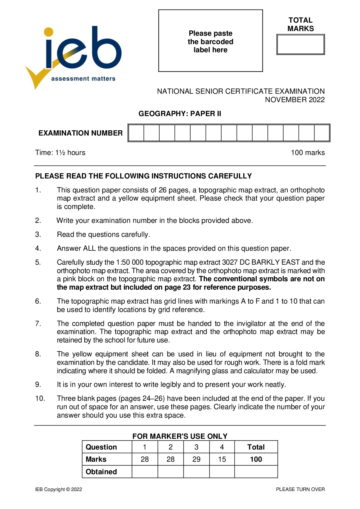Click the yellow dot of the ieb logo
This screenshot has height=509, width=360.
pos(48,32)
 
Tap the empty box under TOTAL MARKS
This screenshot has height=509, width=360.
pos(300,44)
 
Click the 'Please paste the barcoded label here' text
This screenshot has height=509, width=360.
pos(210,41)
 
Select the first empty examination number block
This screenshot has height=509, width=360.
pos(136,133)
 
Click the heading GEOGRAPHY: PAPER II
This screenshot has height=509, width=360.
pos(180,113)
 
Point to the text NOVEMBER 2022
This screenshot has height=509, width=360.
pos(295,100)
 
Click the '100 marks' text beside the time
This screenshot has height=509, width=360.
pos(308,153)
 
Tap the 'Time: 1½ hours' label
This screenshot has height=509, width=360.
pos(60,153)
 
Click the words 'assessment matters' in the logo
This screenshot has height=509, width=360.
pos(83,79)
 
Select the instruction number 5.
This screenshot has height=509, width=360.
pos(38,262)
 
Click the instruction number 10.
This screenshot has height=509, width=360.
pos(40,398)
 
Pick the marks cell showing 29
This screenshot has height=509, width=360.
pos(196,459)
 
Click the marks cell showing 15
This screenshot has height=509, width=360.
pos(222,459)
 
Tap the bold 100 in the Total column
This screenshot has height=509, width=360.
pos(256,459)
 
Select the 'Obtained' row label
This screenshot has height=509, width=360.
pos(101,472)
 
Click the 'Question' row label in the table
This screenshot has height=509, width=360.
pos(101,447)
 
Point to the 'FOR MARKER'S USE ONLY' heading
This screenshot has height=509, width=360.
pos(180,436)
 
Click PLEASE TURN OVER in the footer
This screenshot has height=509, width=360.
pos(300,489)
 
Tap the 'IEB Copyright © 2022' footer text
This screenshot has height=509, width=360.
pos(59,489)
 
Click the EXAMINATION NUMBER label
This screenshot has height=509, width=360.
pos(80,133)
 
